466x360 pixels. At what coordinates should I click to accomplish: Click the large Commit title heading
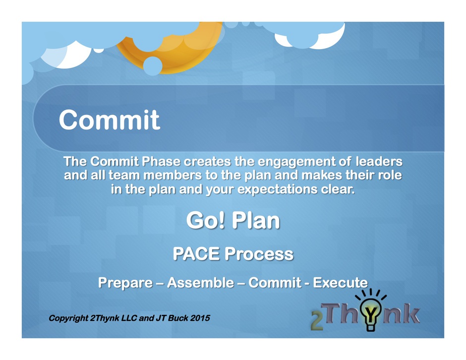tap(110, 120)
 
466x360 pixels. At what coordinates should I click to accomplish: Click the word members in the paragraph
tap(173, 175)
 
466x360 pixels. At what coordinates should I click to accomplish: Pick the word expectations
tap(277, 189)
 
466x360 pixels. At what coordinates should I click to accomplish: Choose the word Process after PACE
tap(259, 254)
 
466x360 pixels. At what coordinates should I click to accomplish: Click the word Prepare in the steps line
tap(125, 283)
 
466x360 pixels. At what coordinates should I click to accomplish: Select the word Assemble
tap(201, 283)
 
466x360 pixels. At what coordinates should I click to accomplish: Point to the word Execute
tap(340, 283)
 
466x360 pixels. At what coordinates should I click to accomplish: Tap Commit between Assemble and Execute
tap(275, 283)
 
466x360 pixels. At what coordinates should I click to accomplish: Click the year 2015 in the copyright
tap(200, 318)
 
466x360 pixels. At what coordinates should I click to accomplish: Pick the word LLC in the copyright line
tap(129, 318)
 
